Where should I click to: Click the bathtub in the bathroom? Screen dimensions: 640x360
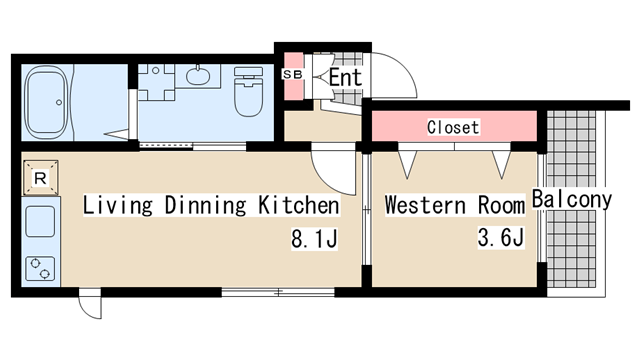click(46, 102)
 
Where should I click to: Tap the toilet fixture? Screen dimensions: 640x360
click(248, 91)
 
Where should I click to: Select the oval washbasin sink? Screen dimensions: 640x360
click(198, 76)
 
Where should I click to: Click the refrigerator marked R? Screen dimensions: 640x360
click(40, 178)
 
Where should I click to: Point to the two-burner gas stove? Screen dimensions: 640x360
click(40, 268)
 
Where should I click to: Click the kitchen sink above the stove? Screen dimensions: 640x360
click(40, 222)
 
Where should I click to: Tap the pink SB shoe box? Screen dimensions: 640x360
click(293, 76)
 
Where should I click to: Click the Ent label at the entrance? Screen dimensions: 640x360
click(345, 77)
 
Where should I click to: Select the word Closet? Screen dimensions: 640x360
click(453, 127)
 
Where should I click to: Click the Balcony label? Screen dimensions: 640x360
click(571, 199)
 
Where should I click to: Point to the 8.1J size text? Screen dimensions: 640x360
click(314, 239)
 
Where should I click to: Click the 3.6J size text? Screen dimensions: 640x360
click(501, 237)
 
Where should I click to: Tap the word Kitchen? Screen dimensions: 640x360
click(298, 205)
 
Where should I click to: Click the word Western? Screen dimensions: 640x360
click(425, 205)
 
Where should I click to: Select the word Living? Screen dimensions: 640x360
click(118, 205)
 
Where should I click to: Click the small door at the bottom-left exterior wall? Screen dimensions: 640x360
click(90, 304)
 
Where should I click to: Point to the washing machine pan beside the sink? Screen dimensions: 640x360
click(156, 82)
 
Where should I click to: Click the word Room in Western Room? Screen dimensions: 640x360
click(501, 205)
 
